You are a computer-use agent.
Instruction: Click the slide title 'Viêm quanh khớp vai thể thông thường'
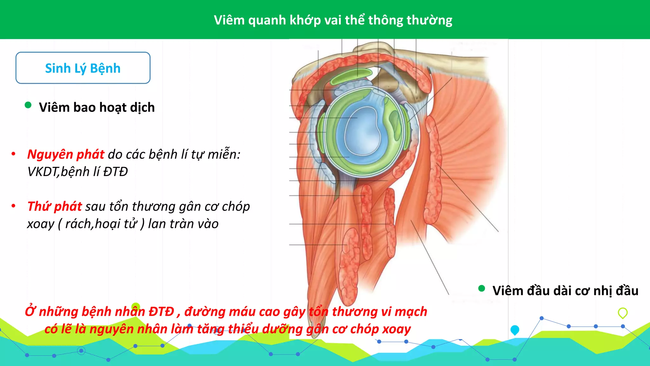tap(333, 20)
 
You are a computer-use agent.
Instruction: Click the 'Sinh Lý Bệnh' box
tap(83, 68)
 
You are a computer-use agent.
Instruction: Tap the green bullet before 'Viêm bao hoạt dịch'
tap(28, 105)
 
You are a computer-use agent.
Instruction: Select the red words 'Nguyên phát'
tap(66, 154)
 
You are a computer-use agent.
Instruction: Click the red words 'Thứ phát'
tap(55, 207)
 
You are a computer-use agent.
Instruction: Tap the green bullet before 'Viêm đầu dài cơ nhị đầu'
tap(481, 288)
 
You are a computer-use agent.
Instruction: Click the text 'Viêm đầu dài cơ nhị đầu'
tap(565, 291)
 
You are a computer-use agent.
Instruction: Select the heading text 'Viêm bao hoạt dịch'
tap(97, 107)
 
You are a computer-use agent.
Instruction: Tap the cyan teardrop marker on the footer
tap(515, 330)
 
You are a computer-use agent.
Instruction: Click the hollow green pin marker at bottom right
tap(623, 313)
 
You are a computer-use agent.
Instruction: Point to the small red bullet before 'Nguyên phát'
tap(13, 154)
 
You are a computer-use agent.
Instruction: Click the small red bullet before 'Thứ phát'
tap(13, 206)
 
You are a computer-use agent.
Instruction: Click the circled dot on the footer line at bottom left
tap(81, 351)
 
